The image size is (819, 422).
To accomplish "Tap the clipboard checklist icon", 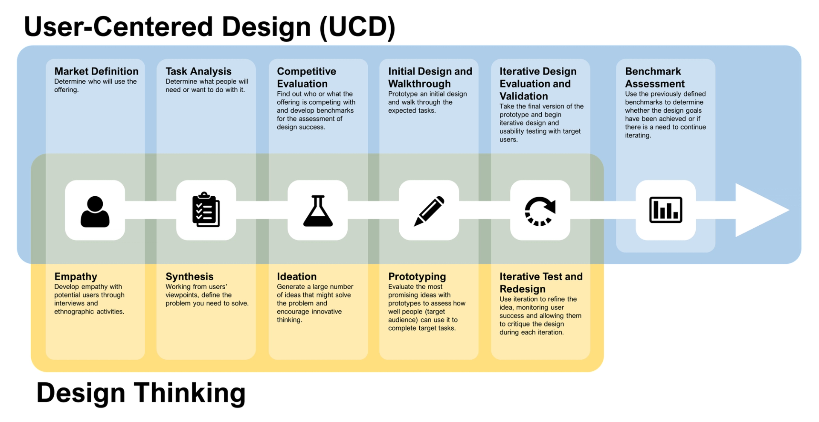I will (x=206, y=210).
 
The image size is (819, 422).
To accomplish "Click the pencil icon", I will (x=429, y=211).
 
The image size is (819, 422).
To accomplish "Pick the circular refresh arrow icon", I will (x=540, y=211).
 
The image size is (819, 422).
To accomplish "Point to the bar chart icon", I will (x=665, y=210).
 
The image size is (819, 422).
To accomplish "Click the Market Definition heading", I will (x=96, y=71).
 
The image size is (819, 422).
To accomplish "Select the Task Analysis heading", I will (x=198, y=71).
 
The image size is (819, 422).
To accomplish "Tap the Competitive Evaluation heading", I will (x=306, y=77).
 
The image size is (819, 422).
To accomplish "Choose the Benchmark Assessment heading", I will (x=655, y=77).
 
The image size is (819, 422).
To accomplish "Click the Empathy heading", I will (x=76, y=276).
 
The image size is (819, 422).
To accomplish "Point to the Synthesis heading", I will (x=189, y=276).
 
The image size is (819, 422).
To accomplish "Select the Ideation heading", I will (x=296, y=276).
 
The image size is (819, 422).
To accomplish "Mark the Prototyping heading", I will (x=417, y=276).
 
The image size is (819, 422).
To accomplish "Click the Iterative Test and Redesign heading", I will (x=540, y=282).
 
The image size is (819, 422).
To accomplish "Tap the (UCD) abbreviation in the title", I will (x=357, y=27).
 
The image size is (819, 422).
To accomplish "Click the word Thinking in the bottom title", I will (x=189, y=393).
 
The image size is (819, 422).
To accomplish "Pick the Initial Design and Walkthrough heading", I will (x=430, y=77).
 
